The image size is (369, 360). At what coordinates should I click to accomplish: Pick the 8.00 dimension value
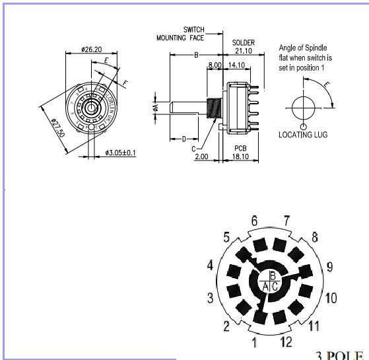click(x=214, y=65)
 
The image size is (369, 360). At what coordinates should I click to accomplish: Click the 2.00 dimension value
click(x=202, y=157)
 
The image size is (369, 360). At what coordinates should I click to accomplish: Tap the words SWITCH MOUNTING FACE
click(x=181, y=34)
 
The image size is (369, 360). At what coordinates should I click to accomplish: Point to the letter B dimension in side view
click(x=196, y=56)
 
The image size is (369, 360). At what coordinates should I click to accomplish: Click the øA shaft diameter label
click(x=156, y=107)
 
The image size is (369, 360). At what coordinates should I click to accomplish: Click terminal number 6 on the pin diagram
click(x=254, y=220)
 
